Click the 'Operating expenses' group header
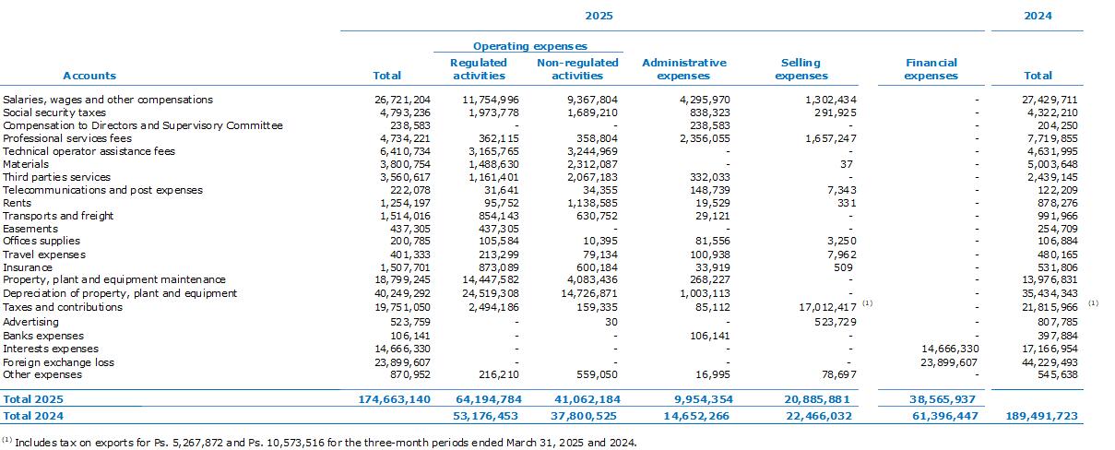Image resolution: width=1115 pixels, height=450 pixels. (529, 46)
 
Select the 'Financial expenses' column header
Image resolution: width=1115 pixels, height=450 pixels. (931, 69)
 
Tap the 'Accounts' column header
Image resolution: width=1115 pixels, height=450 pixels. (89, 76)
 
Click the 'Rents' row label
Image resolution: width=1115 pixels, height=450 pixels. (17, 203)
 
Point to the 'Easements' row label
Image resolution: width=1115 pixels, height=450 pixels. (30, 229)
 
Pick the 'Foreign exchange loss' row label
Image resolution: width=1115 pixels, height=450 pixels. (59, 362)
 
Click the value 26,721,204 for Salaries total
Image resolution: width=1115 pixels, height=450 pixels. (402, 100)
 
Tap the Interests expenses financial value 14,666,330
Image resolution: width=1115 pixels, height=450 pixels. (950, 349)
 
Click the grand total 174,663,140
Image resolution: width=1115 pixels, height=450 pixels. (394, 399)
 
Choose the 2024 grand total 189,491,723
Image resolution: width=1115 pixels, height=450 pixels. (1041, 416)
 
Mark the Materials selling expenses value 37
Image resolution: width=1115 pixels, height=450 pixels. (847, 164)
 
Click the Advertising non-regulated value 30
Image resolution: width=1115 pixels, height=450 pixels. (611, 322)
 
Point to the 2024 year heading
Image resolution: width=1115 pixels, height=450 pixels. (1038, 16)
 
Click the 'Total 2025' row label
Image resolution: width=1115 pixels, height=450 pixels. (33, 399)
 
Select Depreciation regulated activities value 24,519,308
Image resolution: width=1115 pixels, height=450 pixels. (491, 293)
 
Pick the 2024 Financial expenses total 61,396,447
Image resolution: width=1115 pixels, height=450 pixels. (944, 416)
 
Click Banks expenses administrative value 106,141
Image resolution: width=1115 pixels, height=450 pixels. (710, 336)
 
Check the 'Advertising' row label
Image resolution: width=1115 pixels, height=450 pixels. (30, 322)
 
